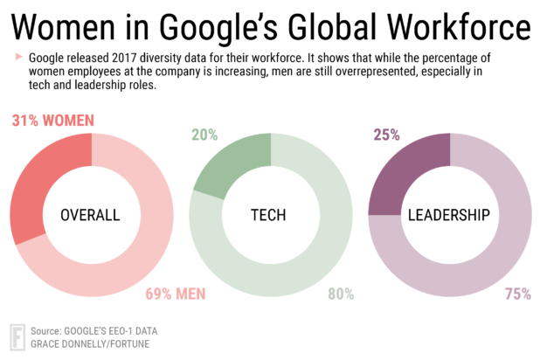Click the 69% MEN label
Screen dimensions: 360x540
pos(176,294)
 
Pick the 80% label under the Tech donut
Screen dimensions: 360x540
pos(342,294)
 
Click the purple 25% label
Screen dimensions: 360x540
pos(385,135)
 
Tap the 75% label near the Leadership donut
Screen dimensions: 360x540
pos(517,294)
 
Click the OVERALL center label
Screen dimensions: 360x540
pos(89,215)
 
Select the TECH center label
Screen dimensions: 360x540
pos(270,215)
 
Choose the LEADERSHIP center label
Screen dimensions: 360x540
pos(448,215)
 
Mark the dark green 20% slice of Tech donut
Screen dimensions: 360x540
pos(232,165)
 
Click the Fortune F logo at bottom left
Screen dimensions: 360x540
pos(16,336)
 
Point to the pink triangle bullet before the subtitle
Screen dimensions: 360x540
pos(18,57)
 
